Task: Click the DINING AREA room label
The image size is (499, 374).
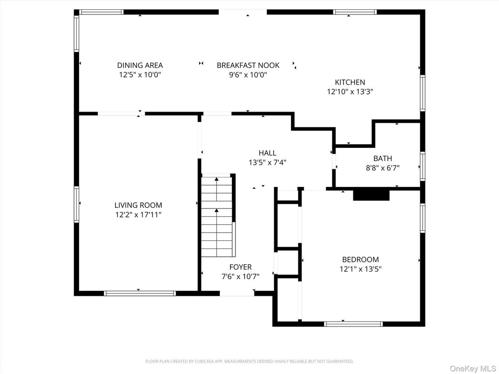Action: point(140,66)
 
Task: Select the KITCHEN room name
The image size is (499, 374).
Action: point(350,82)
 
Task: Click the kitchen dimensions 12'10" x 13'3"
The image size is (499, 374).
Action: point(350,92)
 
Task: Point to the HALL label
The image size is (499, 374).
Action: point(267,153)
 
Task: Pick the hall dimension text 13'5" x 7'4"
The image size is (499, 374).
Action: point(267,163)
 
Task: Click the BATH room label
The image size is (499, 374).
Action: point(383,159)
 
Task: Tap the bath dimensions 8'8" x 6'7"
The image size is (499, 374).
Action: point(383,168)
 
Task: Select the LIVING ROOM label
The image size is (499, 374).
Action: point(138,205)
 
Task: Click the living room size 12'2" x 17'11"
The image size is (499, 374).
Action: point(138,215)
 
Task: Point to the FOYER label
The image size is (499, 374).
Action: point(241,267)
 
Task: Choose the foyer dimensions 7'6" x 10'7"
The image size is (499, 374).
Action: point(241,277)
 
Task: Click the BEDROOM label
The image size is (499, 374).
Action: point(360,260)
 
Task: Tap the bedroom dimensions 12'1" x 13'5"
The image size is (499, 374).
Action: point(360,269)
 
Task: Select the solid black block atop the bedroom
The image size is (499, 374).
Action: point(371,195)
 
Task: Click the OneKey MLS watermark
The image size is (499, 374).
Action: point(472,368)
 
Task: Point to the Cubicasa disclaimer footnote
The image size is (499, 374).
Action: point(249,361)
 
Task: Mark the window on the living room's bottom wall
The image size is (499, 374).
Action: point(140,293)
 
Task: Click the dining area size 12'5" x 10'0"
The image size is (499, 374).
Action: point(140,75)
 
